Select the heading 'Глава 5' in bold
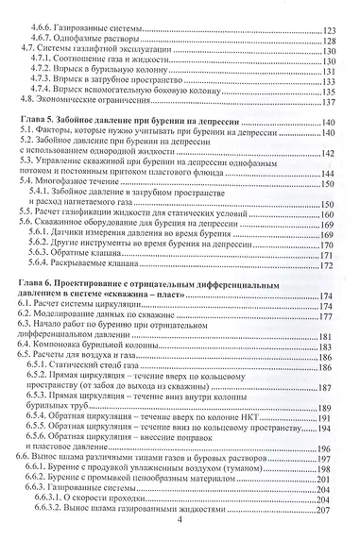(39, 124)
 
